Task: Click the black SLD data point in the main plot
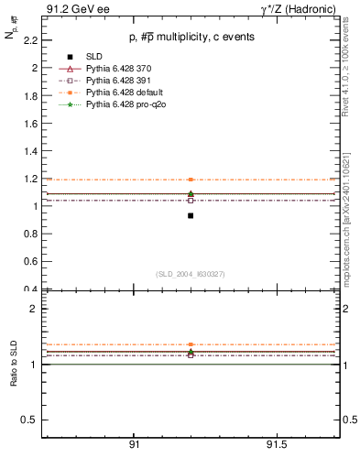191,215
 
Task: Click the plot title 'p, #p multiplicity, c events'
191,37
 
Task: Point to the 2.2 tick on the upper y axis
31,40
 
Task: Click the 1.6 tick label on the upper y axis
31,124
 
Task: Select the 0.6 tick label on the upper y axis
31,262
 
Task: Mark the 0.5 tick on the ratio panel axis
30,420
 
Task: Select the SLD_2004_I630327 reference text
191,274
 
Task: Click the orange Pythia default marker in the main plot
191,180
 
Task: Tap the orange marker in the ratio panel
191,344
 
